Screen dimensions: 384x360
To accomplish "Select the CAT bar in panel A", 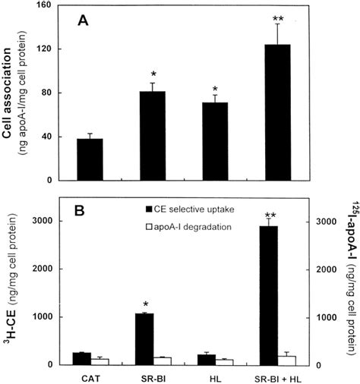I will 90,159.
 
